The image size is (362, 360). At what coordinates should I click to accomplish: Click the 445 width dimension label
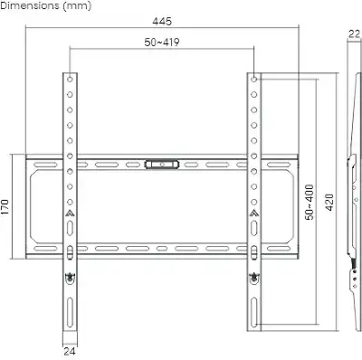(x=162, y=22)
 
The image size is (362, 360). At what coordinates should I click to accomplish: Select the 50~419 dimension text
(x=162, y=43)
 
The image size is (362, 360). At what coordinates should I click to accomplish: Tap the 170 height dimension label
(x=5, y=207)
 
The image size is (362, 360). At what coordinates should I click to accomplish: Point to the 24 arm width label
(x=70, y=352)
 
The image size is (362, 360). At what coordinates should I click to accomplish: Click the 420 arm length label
(x=330, y=203)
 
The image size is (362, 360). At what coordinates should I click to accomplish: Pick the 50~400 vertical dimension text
(x=310, y=203)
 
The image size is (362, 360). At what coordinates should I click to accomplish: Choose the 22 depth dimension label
(x=354, y=33)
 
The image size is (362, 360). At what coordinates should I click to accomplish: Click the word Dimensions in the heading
(x=30, y=5)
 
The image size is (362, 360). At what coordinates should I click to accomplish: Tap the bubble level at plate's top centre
(x=162, y=165)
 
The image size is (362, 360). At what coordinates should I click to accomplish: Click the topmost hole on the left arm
(x=70, y=80)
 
